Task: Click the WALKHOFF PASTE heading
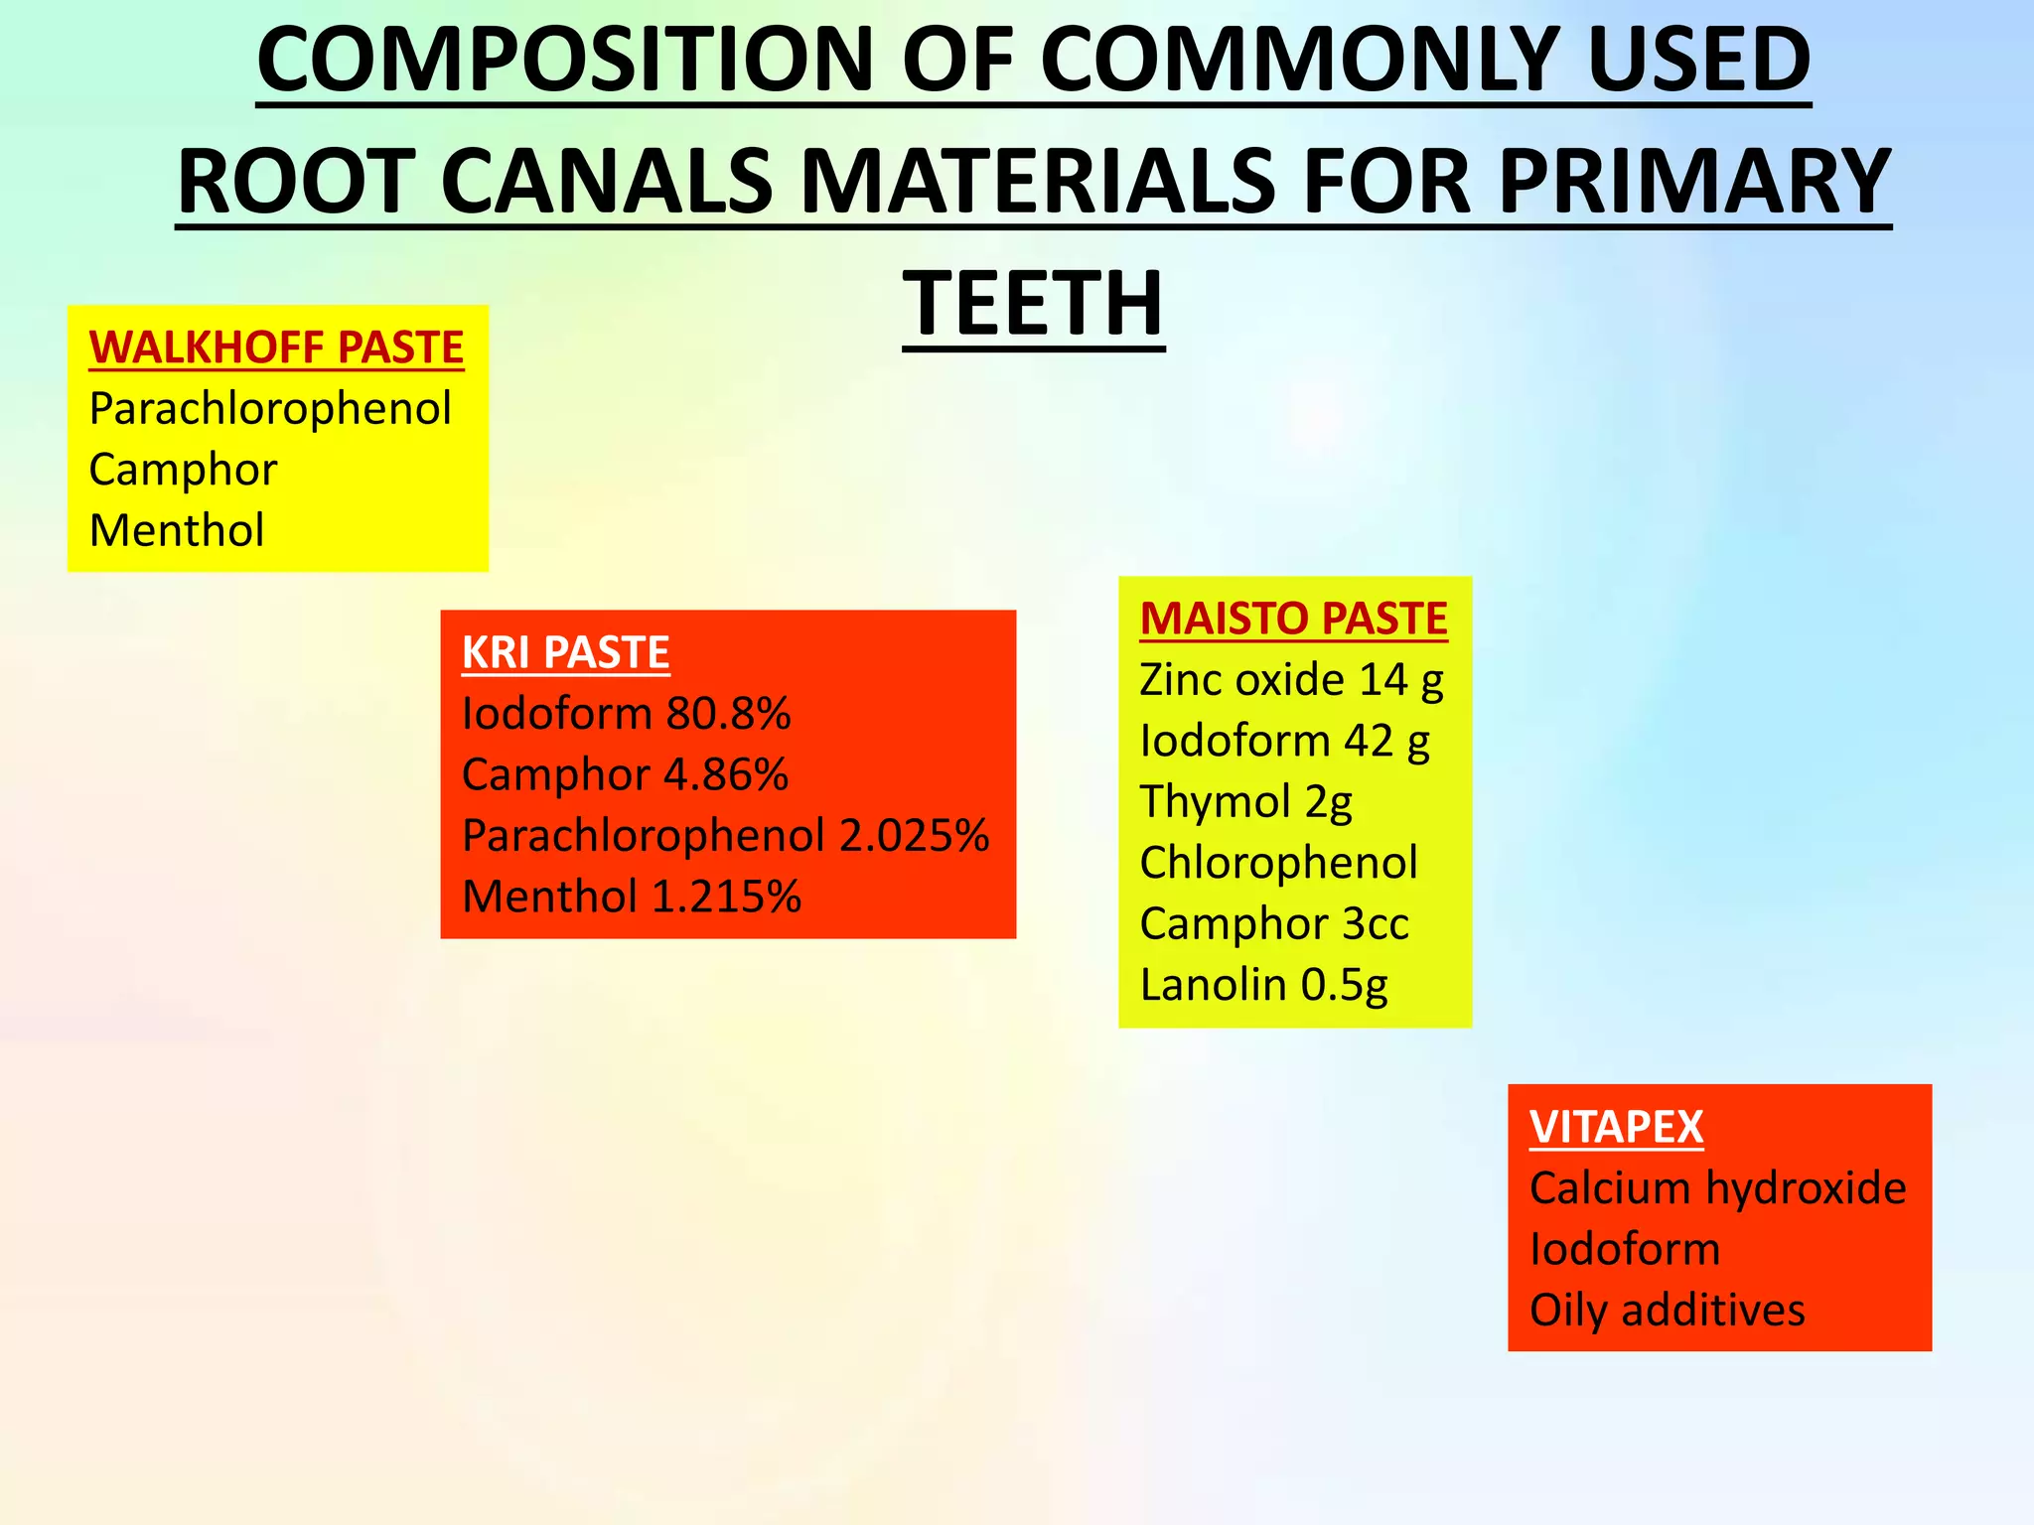(276, 347)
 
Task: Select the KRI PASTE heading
(565, 652)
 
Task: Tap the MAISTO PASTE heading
(1293, 619)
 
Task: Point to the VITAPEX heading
(1616, 1127)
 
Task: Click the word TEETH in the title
(1033, 304)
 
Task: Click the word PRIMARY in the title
(1693, 182)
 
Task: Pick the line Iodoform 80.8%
(626, 714)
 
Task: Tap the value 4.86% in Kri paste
(725, 774)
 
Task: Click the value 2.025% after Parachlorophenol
(914, 836)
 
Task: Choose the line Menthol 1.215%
(631, 897)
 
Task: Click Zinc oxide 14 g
(1291, 680)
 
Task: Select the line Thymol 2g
(1245, 802)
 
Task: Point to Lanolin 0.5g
(1263, 985)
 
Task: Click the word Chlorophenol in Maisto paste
(1278, 863)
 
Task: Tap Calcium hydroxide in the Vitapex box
(1717, 1188)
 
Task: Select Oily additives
(1667, 1311)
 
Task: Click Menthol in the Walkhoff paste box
(177, 530)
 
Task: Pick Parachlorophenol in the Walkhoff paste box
(270, 409)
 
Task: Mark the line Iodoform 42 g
(1284, 741)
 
